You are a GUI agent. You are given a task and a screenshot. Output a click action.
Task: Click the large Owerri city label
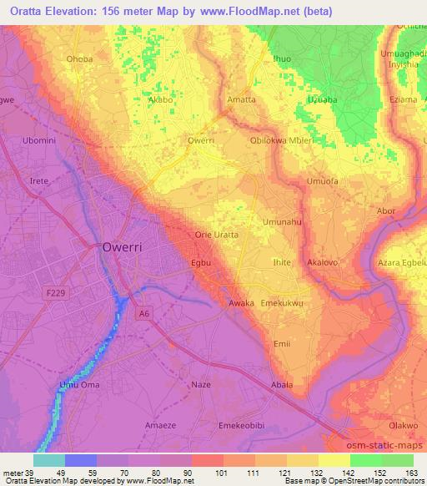pyautogui.click(x=125, y=247)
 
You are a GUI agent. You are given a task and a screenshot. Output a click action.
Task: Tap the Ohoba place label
pyautogui.click(x=79, y=59)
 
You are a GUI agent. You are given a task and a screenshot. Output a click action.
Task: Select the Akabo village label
pyautogui.click(x=160, y=99)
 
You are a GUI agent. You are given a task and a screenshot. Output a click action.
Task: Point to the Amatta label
pyautogui.click(x=241, y=99)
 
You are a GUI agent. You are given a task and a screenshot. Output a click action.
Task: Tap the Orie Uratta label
pyautogui.click(x=216, y=235)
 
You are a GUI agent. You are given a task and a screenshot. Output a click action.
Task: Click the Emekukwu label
pyautogui.click(x=282, y=302)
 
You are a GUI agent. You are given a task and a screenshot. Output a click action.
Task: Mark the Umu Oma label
pyautogui.click(x=79, y=383)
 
